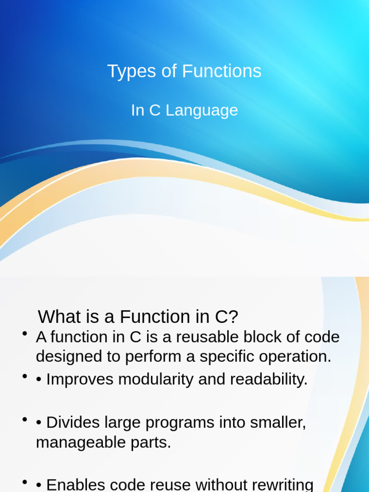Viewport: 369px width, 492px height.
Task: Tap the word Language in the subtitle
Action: (x=202, y=111)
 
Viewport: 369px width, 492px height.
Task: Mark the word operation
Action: (x=298, y=357)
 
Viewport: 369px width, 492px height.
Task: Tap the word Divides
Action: (x=73, y=423)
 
